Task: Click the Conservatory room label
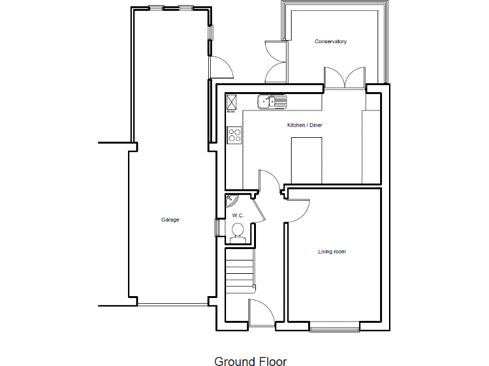pyautogui.click(x=330, y=42)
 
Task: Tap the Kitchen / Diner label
pyautogui.click(x=305, y=125)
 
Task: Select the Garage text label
pyautogui.click(x=170, y=220)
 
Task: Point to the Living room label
pyautogui.click(x=332, y=252)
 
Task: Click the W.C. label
pyautogui.click(x=238, y=216)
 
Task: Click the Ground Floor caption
pyautogui.click(x=250, y=361)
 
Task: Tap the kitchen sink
pyautogui.click(x=272, y=100)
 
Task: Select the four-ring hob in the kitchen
pyautogui.click(x=234, y=135)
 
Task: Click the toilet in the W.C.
pyautogui.click(x=237, y=232)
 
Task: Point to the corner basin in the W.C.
pyautogui.click(x=230, y=200)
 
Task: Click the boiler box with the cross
pyautogui.click(x=232, y=102)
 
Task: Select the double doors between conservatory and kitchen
pyautogui.click(x=344, y=78)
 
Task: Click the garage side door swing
pyautogui.click(x=220, y=67)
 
